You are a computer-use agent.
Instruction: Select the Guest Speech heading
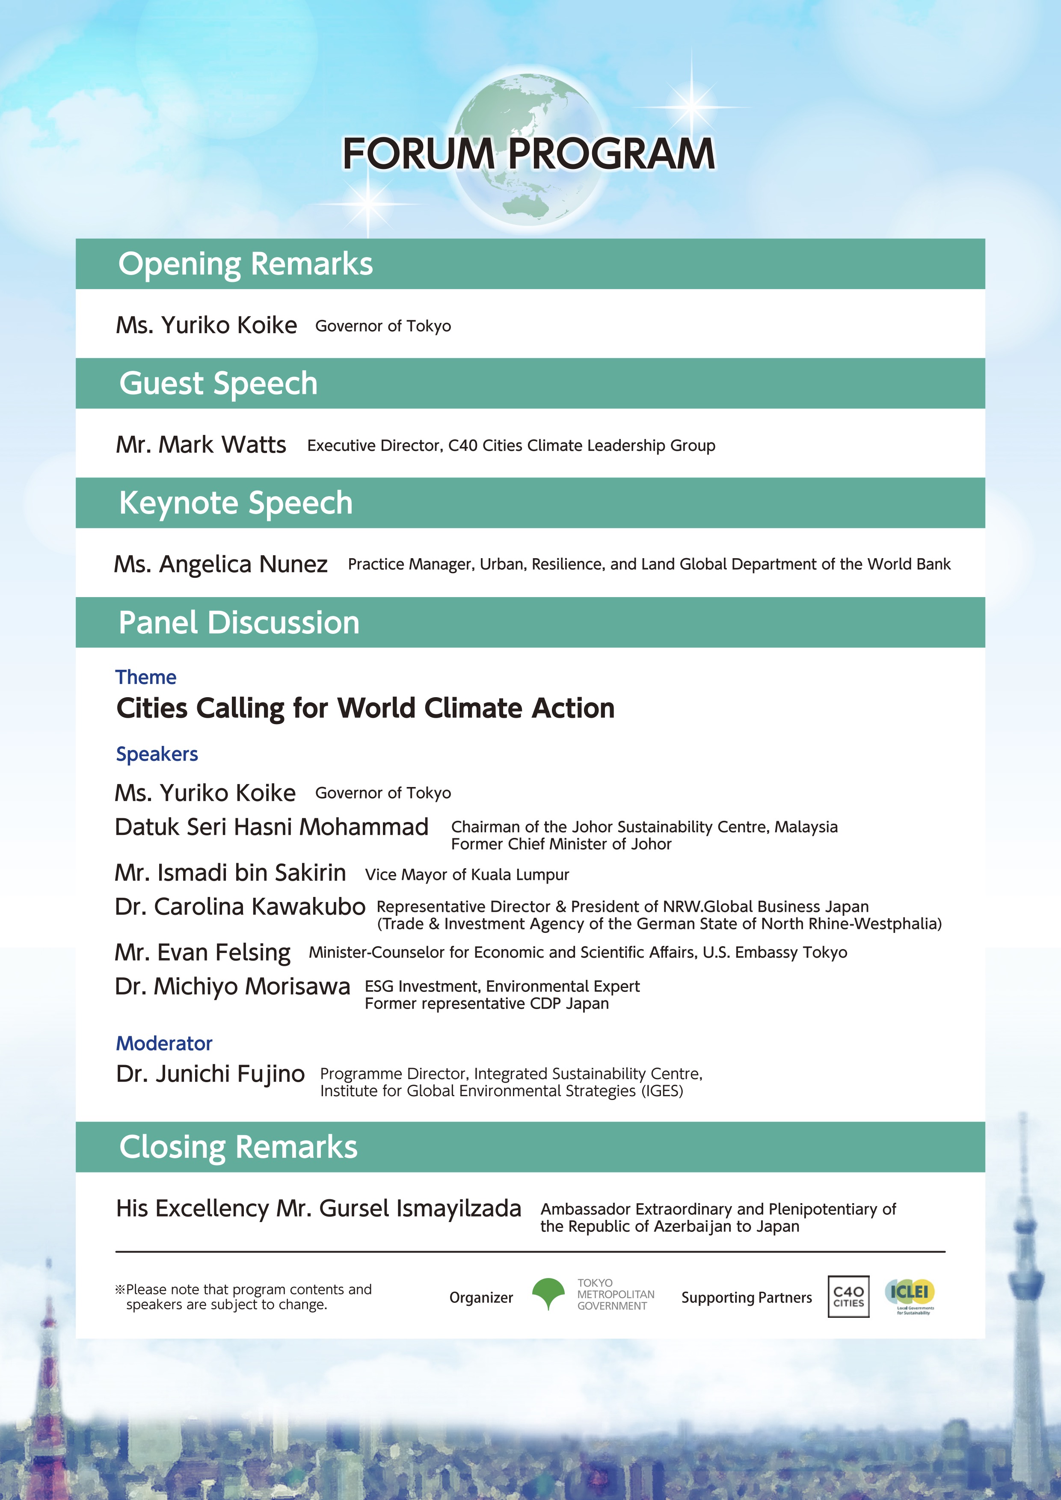point(218,384)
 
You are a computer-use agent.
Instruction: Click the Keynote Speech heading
point(235,503)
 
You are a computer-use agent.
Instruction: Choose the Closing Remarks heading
point(238,1147)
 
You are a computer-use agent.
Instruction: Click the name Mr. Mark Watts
point(201,445)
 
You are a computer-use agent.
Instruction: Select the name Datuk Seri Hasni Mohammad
point(271,827)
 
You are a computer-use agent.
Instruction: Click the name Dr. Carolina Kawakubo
point(240,907)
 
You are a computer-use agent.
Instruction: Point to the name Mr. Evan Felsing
point(202,953)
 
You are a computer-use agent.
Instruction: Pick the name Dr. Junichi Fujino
point(210,1074)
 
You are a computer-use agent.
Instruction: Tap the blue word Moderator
point(164,1043)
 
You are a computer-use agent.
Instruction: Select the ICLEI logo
point(910,1294)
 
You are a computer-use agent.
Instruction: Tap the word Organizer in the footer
point(481,1297)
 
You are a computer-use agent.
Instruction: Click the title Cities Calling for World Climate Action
point(365,709)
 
